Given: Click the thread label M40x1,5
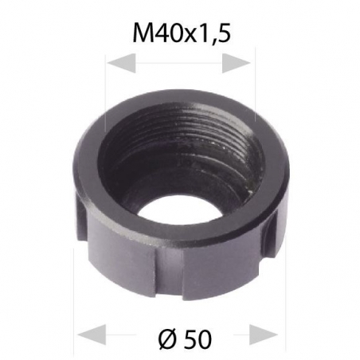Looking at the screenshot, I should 180,33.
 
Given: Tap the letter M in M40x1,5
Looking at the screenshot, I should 144,33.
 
